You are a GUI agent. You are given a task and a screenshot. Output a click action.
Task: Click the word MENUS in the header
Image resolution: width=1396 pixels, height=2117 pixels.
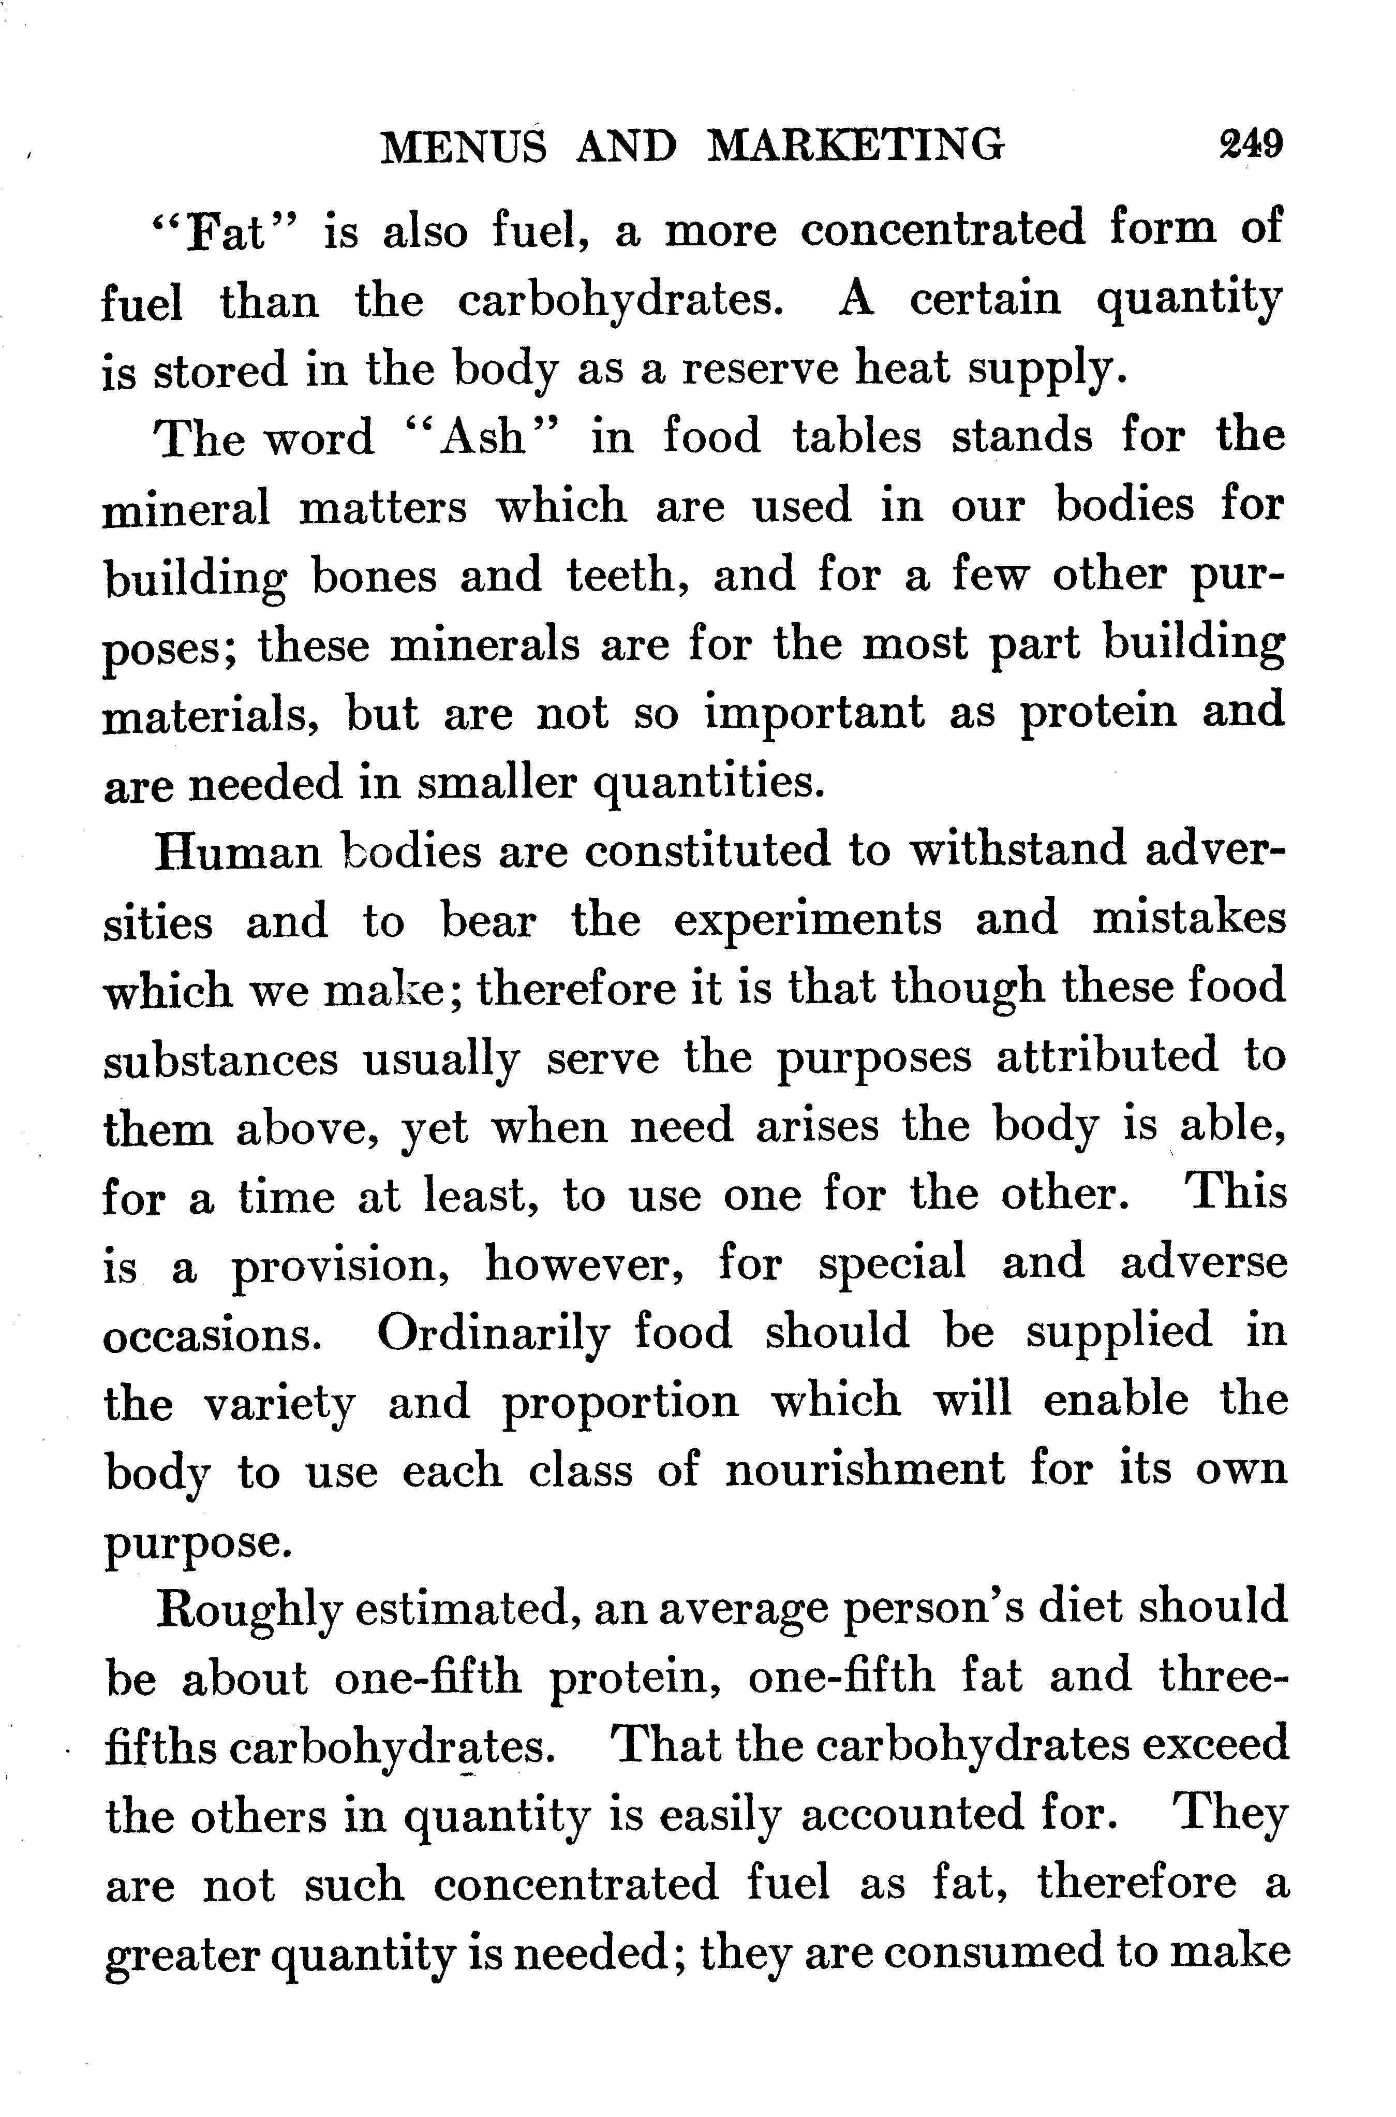coord(464,145)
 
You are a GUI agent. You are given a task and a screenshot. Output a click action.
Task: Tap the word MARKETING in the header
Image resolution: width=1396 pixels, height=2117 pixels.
coord(855,145)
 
